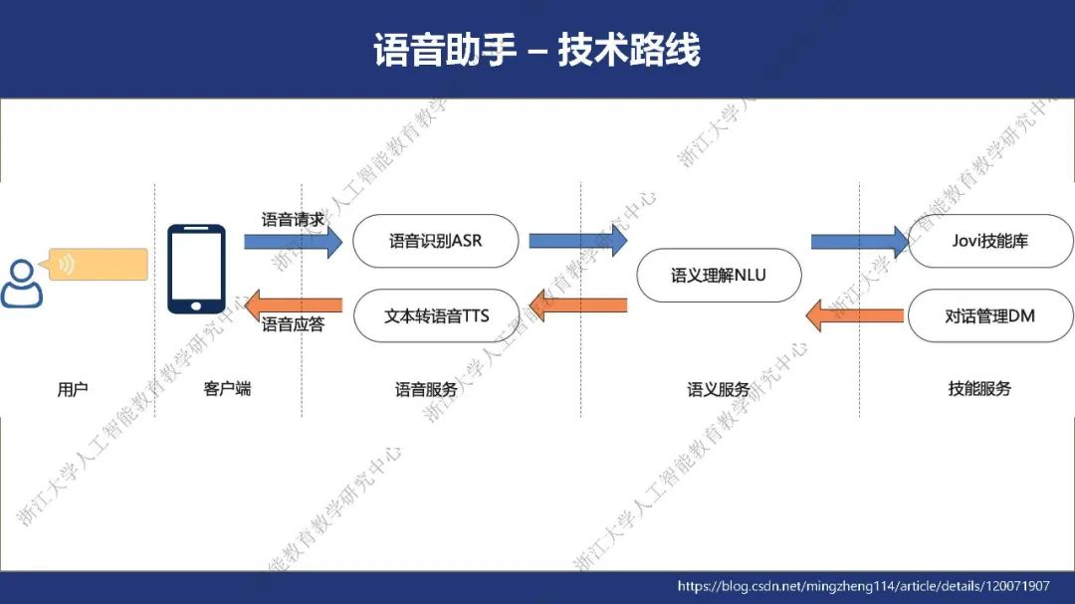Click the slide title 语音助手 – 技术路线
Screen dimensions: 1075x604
(x=537, y=50)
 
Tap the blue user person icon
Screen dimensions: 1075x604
(x=21, y=283)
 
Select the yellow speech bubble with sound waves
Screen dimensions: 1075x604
(x=98, y=265)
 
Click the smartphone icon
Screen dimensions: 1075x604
(x=196, y=270)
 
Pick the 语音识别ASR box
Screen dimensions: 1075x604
(x=436, y=241)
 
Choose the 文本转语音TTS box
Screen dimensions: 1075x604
(x=436, y=316)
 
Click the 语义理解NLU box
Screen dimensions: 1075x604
(x=718, y=275)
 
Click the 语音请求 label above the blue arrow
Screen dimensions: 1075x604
(x=293, y=220)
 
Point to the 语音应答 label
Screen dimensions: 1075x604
(x=293, y=324)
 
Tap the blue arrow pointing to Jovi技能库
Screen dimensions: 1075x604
(x=859, y=242)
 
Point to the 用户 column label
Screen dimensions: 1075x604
(x=73, y=389)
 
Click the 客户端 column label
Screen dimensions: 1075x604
(x=227, y=389)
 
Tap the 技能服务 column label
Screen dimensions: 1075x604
(x=979, y=389)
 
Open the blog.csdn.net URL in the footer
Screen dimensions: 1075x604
(x=863, y=586)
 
